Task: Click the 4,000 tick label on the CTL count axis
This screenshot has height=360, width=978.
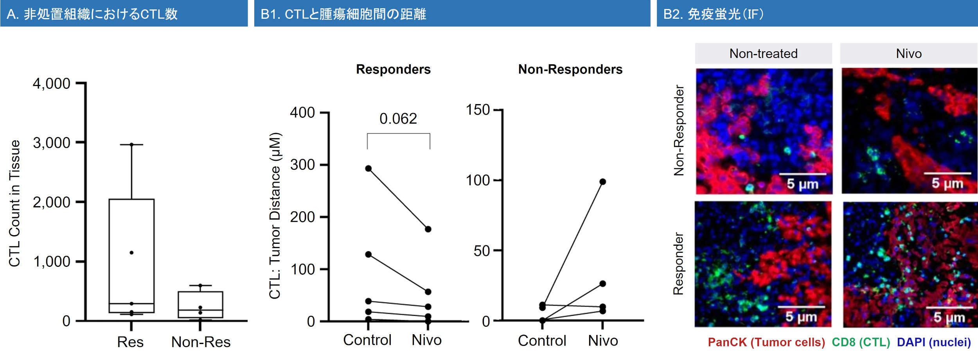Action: pyautogui.click(x=51, y=84)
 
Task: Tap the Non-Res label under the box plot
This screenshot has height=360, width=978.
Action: pyautogui.click(x=201, y=342)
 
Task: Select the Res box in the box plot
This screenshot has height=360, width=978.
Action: pyautogui.click(x=131, y=256)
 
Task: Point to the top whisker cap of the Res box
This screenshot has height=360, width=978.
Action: pyautogui.click(x=131, y=144)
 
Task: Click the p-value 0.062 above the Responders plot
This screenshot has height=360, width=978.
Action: pyautogui.click(x=398, y=119)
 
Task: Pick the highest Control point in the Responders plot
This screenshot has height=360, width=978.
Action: pyautogui.click(x=369, y=169)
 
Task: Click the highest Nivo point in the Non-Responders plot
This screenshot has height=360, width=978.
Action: pyautogui.click(x=602, y=182)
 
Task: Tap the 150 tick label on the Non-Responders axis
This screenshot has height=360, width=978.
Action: pyautogui.click(x=478, y=110)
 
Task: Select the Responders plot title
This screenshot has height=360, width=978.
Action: pyautogui.click(x=393, y=69)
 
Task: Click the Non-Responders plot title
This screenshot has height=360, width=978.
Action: pyautogui.click(x=570, y=69)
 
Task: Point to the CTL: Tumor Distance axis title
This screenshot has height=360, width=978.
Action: pyautogui.click(x=275, y=216)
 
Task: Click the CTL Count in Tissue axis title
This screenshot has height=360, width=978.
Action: pyautogui.click(x=14, y=203)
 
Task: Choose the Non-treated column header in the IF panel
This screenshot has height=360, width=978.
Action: pyautogui.click(x=763, y=54)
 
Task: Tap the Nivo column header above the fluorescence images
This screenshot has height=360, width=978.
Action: pyautogui.click(x=909, y=54)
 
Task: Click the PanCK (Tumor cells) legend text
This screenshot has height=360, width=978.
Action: pyautogui.click(x=766, y=342)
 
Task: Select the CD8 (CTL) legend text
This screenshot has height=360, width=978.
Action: pyautogui.click(x=861, y=342)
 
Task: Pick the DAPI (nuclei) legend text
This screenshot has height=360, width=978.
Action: pyautogui.click(x=934, y=342)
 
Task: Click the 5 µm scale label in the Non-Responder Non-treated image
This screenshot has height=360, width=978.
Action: pyautogui.click(x=802, y=184)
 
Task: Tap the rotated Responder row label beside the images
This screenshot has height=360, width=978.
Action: pyautogui.click(x=678, y=263)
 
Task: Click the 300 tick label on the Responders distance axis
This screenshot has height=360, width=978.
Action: pyautogui.click(x=302, y=165)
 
